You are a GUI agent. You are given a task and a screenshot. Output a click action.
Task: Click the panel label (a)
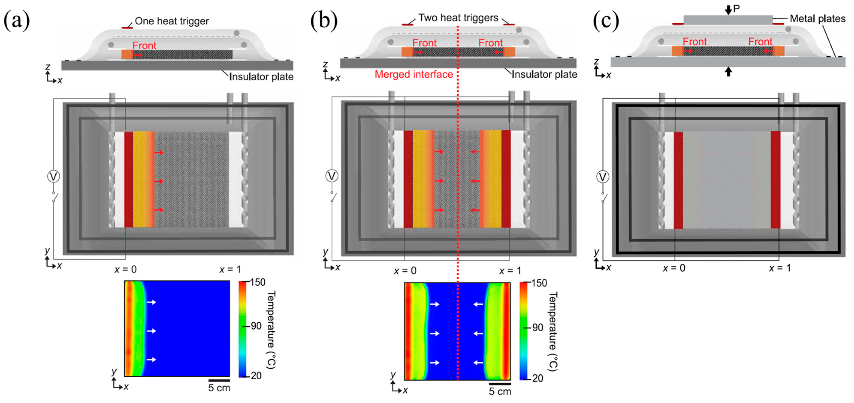(16, 21)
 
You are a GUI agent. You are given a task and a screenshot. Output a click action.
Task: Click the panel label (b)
(324, 21)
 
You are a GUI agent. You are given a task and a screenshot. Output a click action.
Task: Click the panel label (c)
(606, 21)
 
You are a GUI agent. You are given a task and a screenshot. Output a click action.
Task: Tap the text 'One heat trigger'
(172, 21)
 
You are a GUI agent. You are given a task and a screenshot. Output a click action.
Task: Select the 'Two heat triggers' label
(458, 18)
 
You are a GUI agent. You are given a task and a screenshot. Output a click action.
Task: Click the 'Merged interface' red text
(413, 74)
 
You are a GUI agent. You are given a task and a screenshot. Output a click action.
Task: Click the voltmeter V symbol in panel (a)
(53, 176)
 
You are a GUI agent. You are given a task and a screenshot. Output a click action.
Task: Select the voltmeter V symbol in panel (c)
(603, 177)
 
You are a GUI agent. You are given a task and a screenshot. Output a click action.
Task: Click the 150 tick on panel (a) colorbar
(257, 282)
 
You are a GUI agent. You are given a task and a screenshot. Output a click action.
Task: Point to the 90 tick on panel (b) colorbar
(537, 328)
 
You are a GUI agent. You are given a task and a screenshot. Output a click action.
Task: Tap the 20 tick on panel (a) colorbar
(256, 376)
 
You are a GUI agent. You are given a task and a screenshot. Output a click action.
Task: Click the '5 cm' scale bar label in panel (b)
(500, 391)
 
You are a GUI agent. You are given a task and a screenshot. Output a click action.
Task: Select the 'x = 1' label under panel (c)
(780, 268)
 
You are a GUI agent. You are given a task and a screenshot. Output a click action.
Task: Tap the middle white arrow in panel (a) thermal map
(151, 331)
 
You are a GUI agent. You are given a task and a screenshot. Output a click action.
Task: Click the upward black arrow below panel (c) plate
(728, 72)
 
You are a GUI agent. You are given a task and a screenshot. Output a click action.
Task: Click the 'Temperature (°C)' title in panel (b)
(553, 331)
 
